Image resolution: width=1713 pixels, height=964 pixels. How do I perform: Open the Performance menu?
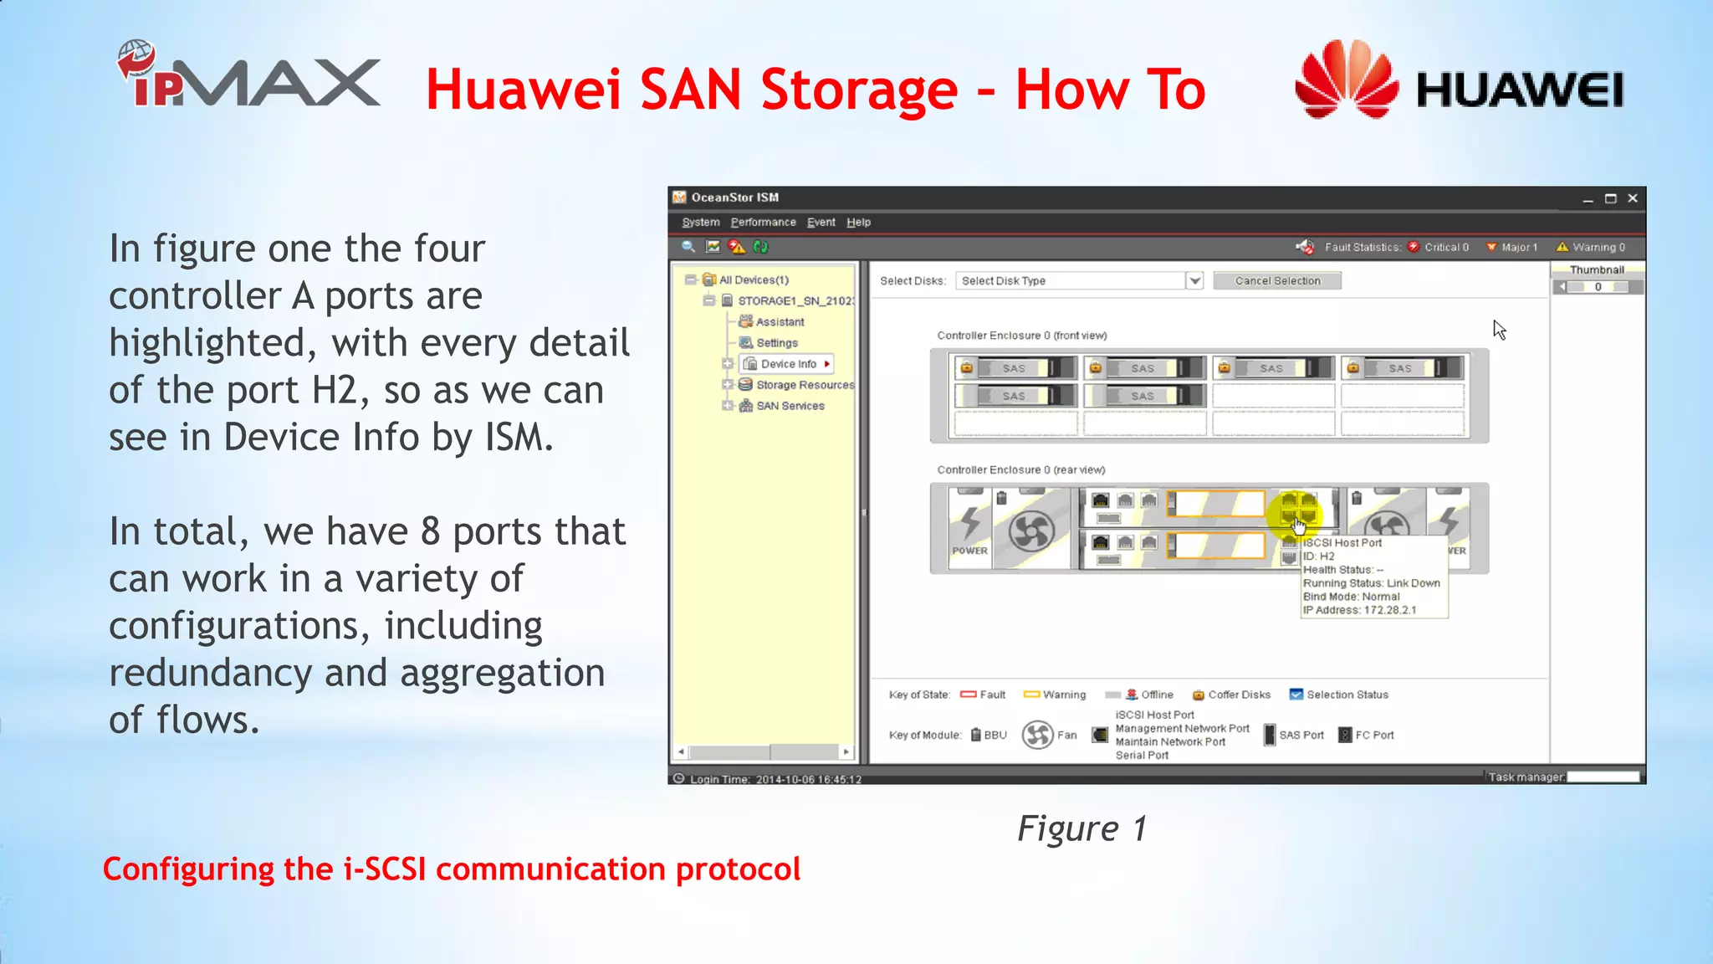[763, 223]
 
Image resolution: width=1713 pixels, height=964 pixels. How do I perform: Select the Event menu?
[821, 223]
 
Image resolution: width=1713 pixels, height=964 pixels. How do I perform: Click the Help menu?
[858, 223]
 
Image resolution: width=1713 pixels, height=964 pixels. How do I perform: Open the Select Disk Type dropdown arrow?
[1194, 281]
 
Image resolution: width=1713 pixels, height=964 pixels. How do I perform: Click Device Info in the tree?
[788, 364]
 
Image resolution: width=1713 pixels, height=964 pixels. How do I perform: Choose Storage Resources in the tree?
[805, 385]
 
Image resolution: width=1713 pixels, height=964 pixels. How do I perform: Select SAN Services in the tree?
[790, 406]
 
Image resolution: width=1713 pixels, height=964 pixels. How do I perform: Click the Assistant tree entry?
[780, 322]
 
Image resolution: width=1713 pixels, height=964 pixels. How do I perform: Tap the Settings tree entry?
[776, 343]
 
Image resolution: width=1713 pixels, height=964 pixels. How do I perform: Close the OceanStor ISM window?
[1632, 198]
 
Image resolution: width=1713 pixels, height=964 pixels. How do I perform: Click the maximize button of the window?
[1610, 198]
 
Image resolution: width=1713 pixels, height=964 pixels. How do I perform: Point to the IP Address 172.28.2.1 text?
[1359, 610]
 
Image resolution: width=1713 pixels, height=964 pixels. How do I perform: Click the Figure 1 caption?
[1081, 828]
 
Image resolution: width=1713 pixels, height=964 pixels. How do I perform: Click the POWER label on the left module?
[969, 551]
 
